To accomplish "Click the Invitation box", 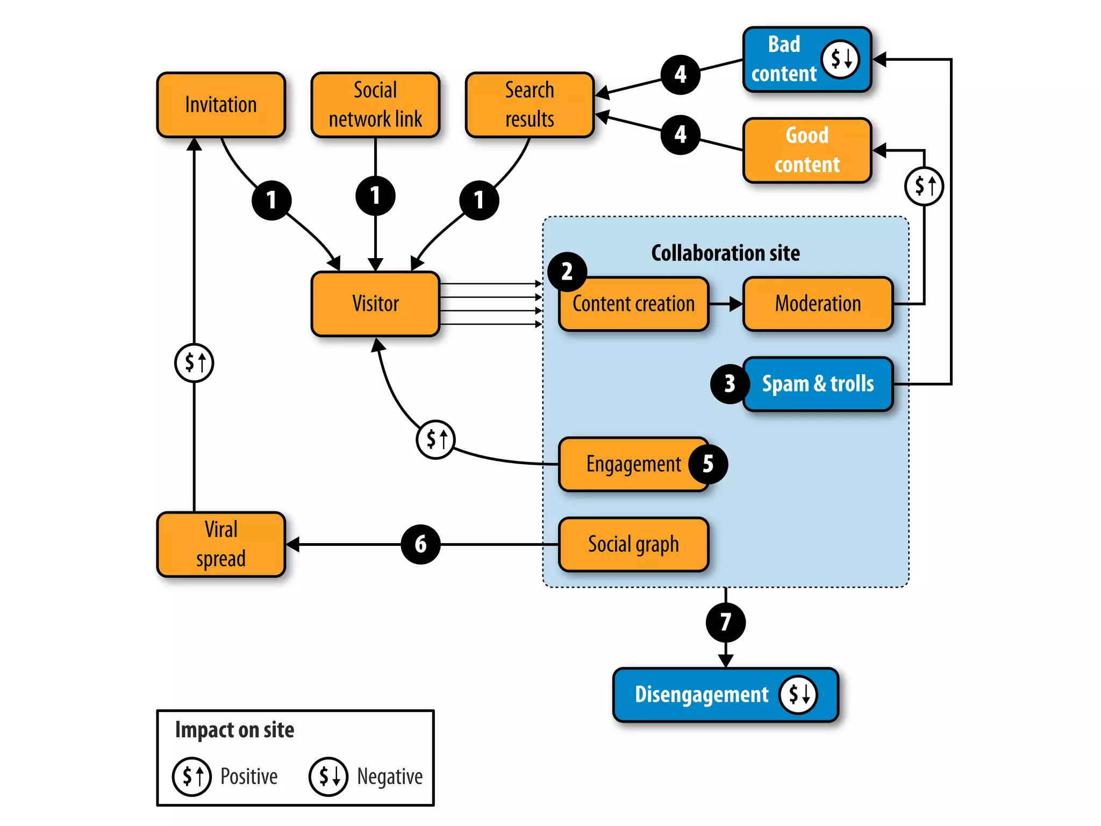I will (x=220, y=105).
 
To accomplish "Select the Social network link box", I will (x=375, y=105).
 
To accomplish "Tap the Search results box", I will (x=529, y=105).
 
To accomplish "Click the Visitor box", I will (x=375, y=304).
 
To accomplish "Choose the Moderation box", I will (x=817, y=304).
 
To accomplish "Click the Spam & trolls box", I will (x=817, y=384).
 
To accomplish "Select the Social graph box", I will (x=633, y=544).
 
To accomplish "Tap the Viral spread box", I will (x=220, y=544).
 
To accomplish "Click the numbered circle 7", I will (x=725, y=622).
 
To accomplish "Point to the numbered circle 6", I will (x=420, y=544).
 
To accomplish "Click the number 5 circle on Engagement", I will (x=708, y=464).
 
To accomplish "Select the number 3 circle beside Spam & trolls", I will (x=730, y=384).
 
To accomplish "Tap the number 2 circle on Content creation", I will (x=567, y=272).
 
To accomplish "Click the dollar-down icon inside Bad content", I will (x=840, y=59).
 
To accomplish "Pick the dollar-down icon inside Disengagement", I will (x=798, y=694).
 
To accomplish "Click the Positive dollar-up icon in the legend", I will (x=192, y=776).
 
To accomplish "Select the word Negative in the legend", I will (x=390, y=777).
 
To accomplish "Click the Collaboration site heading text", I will (x=725, y=253).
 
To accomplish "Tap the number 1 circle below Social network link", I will (x=375, y=196).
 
